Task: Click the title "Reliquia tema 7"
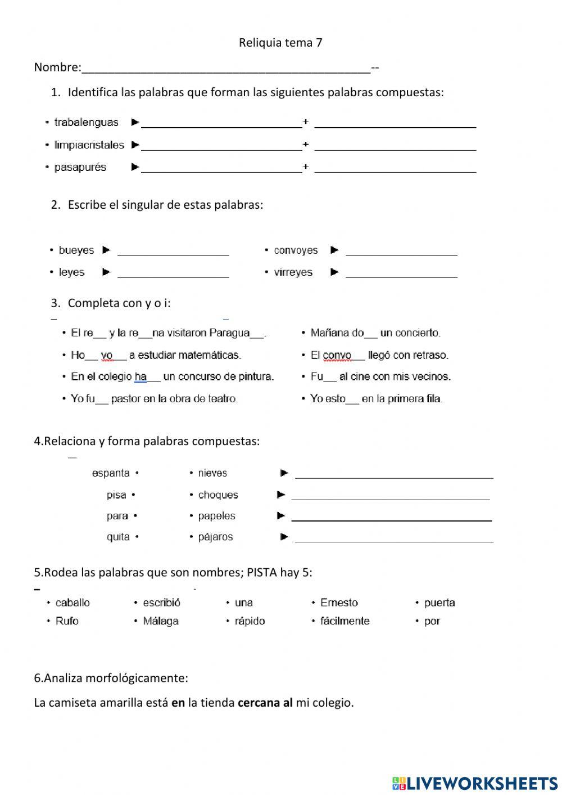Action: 280,43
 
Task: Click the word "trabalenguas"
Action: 86,122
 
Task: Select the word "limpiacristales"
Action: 89,145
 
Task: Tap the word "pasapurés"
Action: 80,168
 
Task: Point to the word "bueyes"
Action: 76,250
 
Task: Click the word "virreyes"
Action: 293,272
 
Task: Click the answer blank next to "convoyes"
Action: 401,251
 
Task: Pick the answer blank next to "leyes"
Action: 173,273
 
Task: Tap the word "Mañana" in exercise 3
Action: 330,333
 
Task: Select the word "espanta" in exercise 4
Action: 111,473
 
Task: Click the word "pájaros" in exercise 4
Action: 215,537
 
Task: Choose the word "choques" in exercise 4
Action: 218,495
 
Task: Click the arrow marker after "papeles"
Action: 281,516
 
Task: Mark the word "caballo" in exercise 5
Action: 72,603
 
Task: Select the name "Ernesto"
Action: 339,603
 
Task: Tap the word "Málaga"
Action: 161,621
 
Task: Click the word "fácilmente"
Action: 345,621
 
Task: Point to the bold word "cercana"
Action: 259,703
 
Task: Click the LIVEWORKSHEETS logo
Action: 474,783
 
